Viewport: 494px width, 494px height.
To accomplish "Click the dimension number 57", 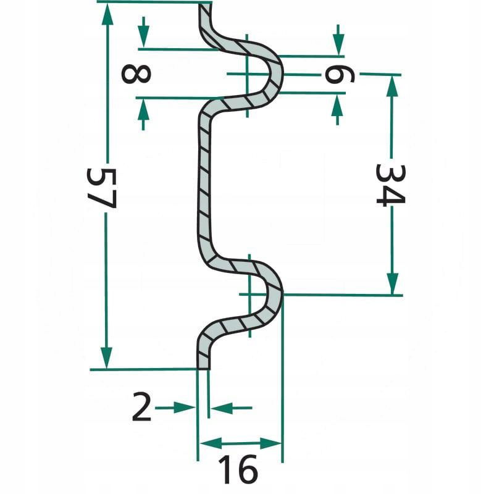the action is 102,188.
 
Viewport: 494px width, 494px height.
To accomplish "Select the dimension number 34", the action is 391,185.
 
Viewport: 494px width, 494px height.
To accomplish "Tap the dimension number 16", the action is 238,470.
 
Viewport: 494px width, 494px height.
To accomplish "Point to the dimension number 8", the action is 136,73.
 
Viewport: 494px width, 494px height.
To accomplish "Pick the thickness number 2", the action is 141,406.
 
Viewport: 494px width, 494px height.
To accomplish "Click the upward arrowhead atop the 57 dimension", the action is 107,14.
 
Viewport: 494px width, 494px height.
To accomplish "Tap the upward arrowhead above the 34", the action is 392,86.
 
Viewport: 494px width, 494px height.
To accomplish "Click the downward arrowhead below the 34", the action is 392,283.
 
